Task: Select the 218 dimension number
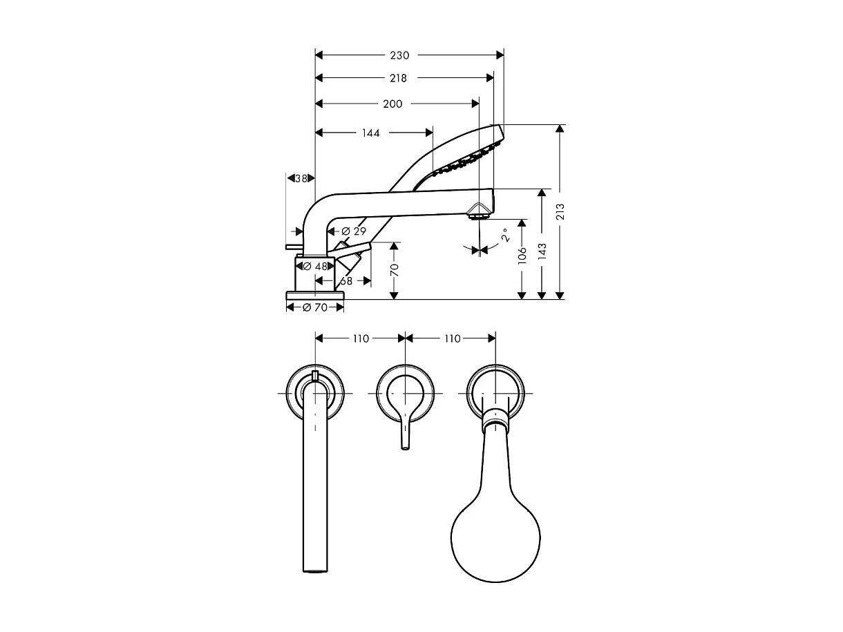pyautogui.click(x=398, y=79)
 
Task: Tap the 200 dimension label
pyautogui.click(x=392, y=104)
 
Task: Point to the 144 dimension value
pyautogui.click(x=371, y=133)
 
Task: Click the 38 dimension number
pyautogui.click(x=301, y=178)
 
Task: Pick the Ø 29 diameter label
pyautogui.click(x=353, y=231)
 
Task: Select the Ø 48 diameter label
pyautogui.click(x=314, y=266)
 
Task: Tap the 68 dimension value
pyautogui.click(x=346, y=281)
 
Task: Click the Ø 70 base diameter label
pyautogui.click(x=315, y=307)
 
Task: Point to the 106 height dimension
pyautogui.click(x=522, y=255)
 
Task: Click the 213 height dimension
pyautogui.click(x=560, y=211)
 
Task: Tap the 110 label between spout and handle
pyautogui.click(x=361, y=338)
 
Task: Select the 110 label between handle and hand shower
pyautogui.click(x=452, y=338)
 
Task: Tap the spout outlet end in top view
pyautogui.click(x=315, y=568)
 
